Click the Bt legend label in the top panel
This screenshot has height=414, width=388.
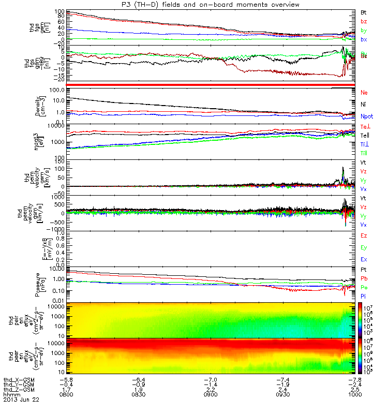click(364, 11)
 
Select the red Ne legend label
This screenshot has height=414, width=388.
click(364, 92)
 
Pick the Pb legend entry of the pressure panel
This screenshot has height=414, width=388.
click(364, 279)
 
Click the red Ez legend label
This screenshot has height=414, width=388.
click(364, 235)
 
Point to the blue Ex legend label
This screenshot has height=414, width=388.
click(364, 259)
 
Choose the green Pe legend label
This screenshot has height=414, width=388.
click(364, 287)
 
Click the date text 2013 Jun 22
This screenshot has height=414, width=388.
click(21, 400)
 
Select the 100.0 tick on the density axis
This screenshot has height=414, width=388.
click(57, 90)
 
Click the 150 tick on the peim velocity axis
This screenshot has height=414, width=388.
click(59, 162)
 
